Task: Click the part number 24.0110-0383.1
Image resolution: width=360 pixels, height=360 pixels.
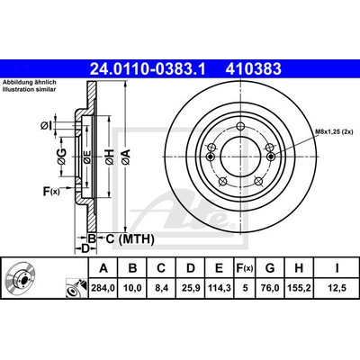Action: pos(148,68)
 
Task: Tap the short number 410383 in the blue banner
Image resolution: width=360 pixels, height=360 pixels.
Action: pos(254,68)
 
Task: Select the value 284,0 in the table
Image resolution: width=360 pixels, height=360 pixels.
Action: pos(103,288)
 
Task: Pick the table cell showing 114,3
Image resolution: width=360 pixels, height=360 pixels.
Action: pos(220,288)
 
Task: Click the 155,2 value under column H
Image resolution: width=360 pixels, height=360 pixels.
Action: pos(299,288)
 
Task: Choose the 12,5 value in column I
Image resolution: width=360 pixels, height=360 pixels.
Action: pos(337,288)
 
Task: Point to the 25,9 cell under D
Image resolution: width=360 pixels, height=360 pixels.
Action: pos(191,288)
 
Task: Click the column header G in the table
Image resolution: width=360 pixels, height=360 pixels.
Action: pos(270,268)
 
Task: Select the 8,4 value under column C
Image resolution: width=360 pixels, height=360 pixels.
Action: pos(161,288)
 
